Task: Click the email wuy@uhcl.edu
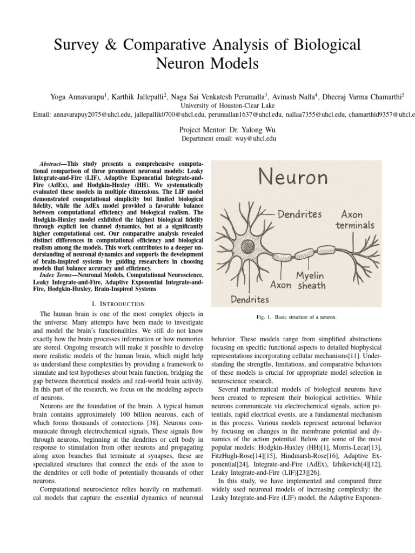coord(253,139)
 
